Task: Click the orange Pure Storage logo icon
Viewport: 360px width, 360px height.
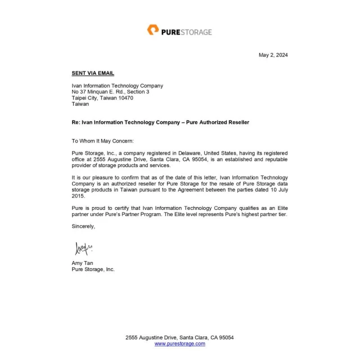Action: point(153,30)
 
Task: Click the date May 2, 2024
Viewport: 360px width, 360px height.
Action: point(273,55)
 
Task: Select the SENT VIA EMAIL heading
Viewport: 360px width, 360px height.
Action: point(93,73)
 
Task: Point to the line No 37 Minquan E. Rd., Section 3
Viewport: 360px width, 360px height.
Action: point(110,92)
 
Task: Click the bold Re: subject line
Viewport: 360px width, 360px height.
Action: point(160,122)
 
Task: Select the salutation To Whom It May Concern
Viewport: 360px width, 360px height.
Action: point(103,141)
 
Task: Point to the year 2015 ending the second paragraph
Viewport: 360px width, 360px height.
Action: point(78,196)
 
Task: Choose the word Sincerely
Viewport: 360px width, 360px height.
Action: point(84,226)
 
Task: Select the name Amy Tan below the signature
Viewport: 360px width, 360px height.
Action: point(83,263)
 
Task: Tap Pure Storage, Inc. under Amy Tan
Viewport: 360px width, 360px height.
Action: point(93,269)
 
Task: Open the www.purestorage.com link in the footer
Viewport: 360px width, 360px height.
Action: point(179,344)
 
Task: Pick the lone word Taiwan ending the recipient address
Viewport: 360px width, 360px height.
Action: point(80,104)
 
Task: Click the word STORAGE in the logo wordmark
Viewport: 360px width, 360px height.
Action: point(195,32)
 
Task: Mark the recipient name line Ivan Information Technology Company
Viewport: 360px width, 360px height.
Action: point(117,85)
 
